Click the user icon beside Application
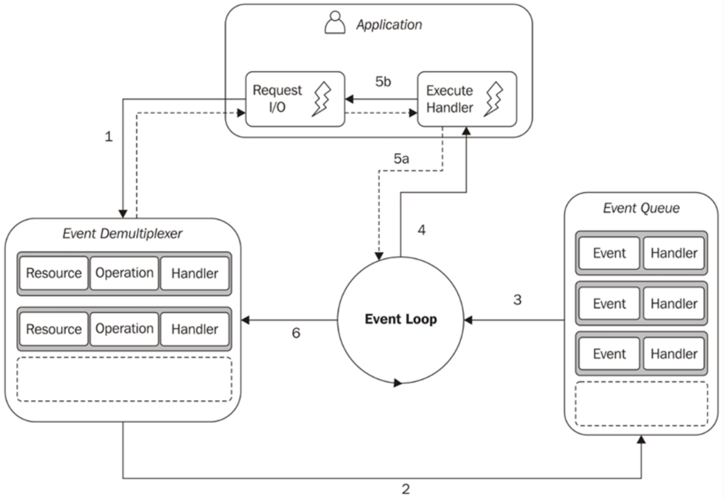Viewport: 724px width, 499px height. point(335,23)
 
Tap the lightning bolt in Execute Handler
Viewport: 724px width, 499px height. point(493,99)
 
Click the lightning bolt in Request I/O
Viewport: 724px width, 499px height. point(322,99)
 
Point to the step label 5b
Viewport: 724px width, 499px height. point(383,82)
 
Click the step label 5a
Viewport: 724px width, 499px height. point(401,159)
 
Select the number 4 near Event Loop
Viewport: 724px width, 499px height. point(421,230)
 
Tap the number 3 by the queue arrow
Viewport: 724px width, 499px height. point(517,300)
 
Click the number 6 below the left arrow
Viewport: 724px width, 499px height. point(296,333)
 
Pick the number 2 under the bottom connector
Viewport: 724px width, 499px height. point(406,489)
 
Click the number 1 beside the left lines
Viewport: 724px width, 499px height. point(109,137)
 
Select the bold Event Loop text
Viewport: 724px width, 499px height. point(401,319)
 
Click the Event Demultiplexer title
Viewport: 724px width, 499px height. point(122,233)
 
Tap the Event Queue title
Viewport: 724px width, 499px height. point(641,208)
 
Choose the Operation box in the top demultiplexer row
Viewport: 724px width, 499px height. point(124,273)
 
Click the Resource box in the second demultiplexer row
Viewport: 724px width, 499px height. point(54,329)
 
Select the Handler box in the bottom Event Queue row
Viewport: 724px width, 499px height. point(673,354)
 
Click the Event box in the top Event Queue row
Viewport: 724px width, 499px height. point(609,253)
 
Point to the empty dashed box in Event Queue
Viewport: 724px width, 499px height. point(641,404)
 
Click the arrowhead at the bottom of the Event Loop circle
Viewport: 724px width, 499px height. point(397,383)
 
